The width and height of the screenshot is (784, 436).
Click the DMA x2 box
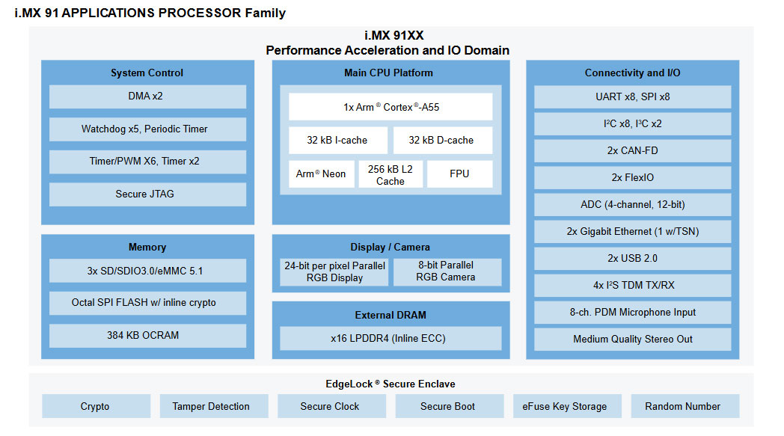[147, 96]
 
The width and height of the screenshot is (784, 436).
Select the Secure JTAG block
[147, 194]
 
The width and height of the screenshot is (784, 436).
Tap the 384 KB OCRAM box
[147, 336]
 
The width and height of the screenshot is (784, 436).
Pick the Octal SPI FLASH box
[147, 303]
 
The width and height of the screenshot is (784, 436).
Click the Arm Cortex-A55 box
[391, 107]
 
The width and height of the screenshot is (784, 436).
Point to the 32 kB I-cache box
[338, 141]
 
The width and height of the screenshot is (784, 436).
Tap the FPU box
[459, 174]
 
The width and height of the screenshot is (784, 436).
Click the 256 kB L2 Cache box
[391, 175]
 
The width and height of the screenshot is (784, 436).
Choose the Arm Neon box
[321, 174]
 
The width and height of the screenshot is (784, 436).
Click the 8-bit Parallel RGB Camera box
[447, 271]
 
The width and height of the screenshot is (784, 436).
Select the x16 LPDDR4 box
[391, 339]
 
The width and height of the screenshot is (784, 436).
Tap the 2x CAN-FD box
[632, 151]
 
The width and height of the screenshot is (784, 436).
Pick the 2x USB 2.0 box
[632, 259]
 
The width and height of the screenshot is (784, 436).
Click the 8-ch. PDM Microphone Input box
[632, 313]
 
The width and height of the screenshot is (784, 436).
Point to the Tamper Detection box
[211, 407]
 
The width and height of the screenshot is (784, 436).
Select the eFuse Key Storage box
[565, 407]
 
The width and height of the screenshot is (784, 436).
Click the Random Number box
[683, 407]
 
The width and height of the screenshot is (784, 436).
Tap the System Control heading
[147, 73]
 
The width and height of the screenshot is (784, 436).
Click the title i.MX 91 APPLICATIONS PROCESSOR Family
[150, 13]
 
